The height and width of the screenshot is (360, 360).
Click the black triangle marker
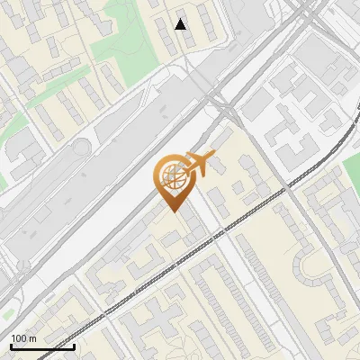click(x=181, y=24)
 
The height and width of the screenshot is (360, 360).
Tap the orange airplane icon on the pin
click(x=199, y=165)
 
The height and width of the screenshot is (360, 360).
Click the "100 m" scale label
click(x=23, y=338)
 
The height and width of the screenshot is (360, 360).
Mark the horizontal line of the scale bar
click(x=42, y=346)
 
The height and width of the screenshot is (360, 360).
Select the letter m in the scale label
click(x=32, y=338)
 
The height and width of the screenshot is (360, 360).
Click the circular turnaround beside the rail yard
click(x=83, y=147)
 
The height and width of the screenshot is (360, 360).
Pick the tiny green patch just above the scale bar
click(x=7, y=316)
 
